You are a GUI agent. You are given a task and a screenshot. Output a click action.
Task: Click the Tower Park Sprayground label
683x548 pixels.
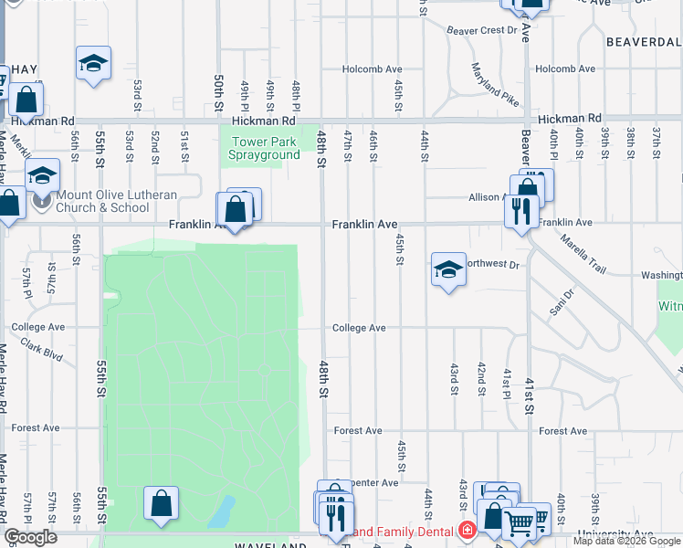coord(266,148)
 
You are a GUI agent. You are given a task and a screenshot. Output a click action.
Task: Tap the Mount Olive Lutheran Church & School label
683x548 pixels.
coord(102,200)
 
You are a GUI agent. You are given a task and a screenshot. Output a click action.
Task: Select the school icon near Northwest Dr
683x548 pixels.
coord(448,269)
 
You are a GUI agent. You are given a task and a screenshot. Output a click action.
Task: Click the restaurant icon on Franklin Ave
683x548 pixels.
coord(520,212)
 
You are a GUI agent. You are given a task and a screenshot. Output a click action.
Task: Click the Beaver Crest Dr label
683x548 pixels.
coord(481,30)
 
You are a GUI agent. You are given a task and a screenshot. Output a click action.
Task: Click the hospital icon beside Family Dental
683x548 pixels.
coord(468,531)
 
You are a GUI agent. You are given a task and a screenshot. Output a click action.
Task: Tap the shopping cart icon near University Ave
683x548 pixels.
coord(519,523)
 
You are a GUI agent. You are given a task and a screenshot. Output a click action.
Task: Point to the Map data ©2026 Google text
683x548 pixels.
coord(626,541)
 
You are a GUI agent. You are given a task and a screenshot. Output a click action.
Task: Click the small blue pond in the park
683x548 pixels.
coord(220,513)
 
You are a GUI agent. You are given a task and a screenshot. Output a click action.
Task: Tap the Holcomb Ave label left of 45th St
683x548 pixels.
coord(372,68)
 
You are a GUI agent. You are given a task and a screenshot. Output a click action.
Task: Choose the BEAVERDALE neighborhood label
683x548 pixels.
coord(643,42)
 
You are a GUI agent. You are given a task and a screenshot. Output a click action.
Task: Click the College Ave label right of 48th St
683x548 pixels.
coord(359,328)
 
